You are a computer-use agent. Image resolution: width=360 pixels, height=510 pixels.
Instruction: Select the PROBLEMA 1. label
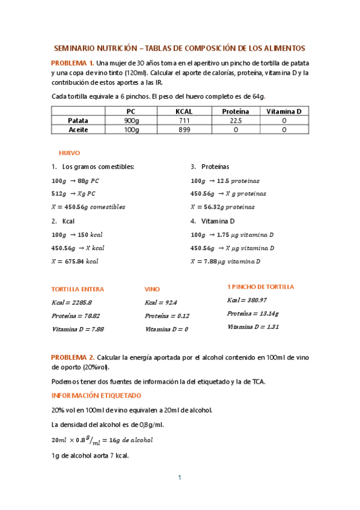pos(72,63)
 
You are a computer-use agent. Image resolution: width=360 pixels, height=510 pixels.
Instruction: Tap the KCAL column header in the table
pos(184,112)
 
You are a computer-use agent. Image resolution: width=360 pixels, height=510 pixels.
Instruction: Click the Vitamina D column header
pos(284,112)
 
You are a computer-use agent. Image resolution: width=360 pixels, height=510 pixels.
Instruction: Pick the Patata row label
pos(78,120)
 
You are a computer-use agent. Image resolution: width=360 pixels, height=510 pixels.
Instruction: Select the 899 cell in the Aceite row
pos(184,129)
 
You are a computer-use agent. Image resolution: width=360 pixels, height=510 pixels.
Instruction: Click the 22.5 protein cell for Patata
pos(236,120)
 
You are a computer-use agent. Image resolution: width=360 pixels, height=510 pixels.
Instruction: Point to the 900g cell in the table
pos(131,120)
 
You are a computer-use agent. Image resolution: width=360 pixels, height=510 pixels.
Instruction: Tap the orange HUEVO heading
pos(69,153)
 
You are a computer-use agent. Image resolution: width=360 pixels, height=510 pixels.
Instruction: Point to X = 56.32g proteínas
pos(222,207)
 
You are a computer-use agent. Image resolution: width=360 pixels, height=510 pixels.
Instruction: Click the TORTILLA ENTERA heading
pos(78,289)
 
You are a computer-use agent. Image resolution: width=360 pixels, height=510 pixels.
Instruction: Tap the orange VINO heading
pos(153,289)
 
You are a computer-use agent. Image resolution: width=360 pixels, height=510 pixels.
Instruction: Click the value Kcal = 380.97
pos(246,300)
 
